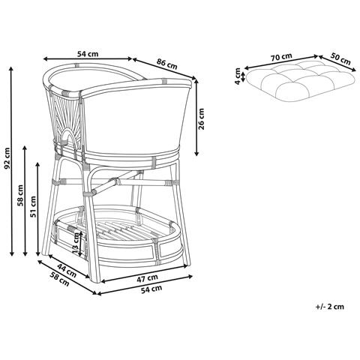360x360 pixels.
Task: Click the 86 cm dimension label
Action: pyautogui.click(x=166, y=64)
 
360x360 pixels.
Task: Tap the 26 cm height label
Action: pyautogui.click(x=201, y=118)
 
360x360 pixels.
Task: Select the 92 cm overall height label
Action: pyautogui.click(x=7, y=158)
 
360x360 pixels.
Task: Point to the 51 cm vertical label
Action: pyautogui.click(x=33, y=207)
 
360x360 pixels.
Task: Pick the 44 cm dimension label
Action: pyautogui.click(x=67, y=271)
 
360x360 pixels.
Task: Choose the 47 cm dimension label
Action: pyautogui.click(x=147, y=278)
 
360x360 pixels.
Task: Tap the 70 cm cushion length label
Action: pyautogui.click(x=281, y=57)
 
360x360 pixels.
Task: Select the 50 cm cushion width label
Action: pyautogui.click(x=340, y=59)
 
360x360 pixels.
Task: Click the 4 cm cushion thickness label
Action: pyautogui.click(x=238, y=76)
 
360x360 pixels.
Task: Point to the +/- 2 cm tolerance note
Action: pyautogui.click(x=330, y=307)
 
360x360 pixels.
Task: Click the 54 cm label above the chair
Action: pyautogui.click(x=88, y=54)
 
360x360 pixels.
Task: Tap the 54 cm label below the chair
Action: pyautogui.click(x=151, y=289)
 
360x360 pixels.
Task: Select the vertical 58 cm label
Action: pyautogui.click(x=20, y=195)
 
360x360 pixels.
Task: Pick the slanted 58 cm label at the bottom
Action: pyautogui.click(x=59, y=279)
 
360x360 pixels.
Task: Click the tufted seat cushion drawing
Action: pyautogui.click(x=300, y=81)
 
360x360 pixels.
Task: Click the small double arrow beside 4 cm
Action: pyautogui.click(x=243, y=76)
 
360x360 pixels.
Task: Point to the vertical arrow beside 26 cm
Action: pyautogui.click(x=196, y=118)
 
